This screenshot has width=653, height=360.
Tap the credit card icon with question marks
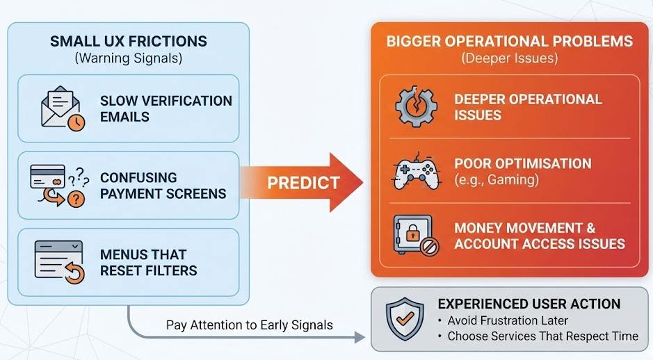click(x=58, y=186)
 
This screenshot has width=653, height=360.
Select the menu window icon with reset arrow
click(x=59, y=262)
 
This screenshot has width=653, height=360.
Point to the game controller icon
click(x=416, y=171)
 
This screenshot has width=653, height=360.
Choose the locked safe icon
click(x=416, y=236)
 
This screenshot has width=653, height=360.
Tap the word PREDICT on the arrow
click(x=303, y=183)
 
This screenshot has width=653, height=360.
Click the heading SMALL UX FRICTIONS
click(x=128, y=42)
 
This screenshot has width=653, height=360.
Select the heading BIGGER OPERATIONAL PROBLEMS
click(x=510, y=41)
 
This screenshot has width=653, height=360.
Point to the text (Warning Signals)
click(x=128, y=59)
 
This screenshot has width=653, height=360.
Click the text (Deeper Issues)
click(x=510, y=58)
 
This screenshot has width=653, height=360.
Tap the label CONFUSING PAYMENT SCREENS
click(x=163, y=186)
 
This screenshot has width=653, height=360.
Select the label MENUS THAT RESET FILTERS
click(x=148, y=262)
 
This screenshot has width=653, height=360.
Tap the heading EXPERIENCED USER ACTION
click(x=529, y=304)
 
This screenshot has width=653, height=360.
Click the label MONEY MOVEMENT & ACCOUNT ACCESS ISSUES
click(x=539, y=236)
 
